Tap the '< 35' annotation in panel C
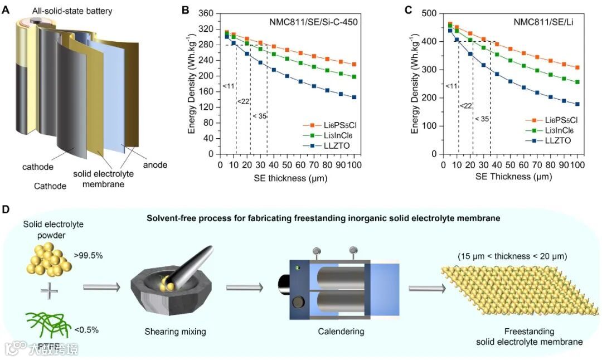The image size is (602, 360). pos(482,119)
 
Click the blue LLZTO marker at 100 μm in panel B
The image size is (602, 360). pos(354,97)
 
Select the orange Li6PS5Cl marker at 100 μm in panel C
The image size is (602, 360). pos(577,67)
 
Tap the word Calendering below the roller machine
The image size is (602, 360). pos(341,332)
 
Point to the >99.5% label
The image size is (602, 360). pos(87,256)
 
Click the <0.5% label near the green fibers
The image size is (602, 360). pos(86,329)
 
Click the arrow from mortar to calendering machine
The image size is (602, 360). pos(245,288)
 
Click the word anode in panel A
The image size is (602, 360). pos(154,165)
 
